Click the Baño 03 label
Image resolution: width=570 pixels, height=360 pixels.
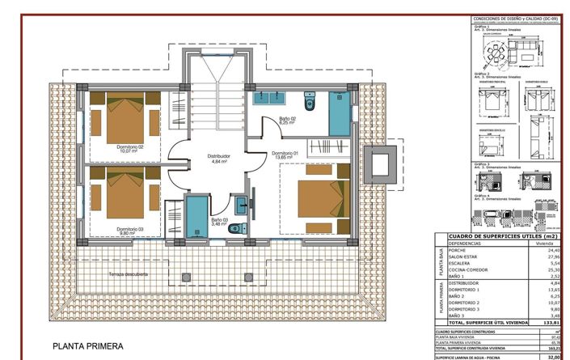coord(220,220)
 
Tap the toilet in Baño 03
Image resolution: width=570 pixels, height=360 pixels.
coord(235,229)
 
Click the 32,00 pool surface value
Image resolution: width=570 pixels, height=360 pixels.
coord(554,356)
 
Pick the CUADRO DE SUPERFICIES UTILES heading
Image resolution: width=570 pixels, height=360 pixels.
coord(501,235)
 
